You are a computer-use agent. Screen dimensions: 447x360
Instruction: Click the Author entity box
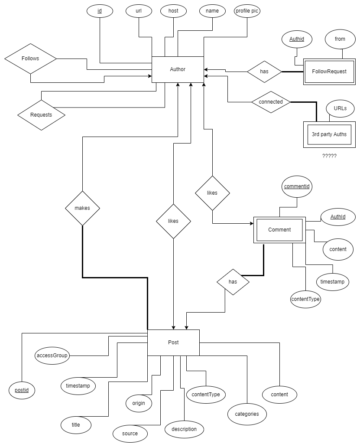[x=178, y=69]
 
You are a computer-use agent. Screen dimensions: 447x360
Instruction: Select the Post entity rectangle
[x=173, y=343]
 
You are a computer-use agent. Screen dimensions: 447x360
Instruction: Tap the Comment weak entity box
[x=279, y=230]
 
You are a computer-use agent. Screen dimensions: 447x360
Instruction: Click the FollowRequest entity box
[x=329, y=72]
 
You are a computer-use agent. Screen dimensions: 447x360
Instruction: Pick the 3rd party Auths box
[x=329, y=134]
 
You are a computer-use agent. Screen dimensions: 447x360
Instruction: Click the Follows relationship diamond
[x=30, y=59]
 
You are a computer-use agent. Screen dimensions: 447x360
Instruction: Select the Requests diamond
[x=41, y=115]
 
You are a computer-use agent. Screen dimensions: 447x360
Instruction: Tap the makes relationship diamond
[x=82, y=208]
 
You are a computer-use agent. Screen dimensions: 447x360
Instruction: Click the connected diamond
[x=271, y=102]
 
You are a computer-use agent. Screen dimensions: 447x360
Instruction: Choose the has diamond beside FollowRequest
[x=264, y=72]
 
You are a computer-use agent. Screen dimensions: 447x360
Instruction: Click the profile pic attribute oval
[x=247, y=11]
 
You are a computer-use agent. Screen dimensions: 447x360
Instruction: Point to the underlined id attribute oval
[x=100, y=11]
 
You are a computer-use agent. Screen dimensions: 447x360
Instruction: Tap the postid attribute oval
[x=22, y=390]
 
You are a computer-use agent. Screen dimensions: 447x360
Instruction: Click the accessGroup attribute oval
[x=52, y=356]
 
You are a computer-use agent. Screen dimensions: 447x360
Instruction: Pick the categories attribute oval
[x=247, y=414]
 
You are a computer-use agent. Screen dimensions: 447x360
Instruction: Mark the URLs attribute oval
[x=340, y=108]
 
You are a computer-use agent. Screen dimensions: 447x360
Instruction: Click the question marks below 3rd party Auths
[x=329, y=156]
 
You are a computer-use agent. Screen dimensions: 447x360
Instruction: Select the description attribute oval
[x=184, y=429]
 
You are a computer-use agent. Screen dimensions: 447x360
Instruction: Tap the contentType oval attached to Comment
[x=305, y=299]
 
